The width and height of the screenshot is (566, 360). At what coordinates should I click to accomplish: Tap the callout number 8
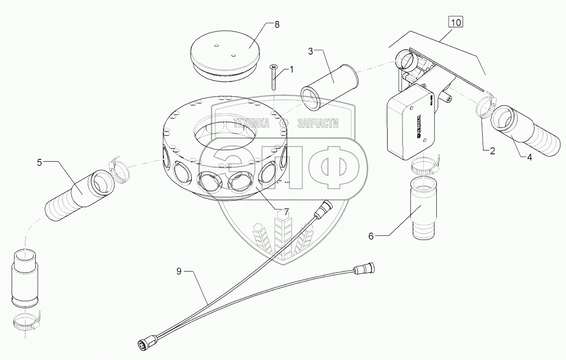277,25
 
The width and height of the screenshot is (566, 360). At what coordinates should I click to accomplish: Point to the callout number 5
40,162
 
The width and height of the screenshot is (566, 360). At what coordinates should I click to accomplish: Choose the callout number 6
371,236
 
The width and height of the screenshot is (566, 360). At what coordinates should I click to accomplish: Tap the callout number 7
286,212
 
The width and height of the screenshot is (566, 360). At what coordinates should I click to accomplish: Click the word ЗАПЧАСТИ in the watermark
319,123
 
